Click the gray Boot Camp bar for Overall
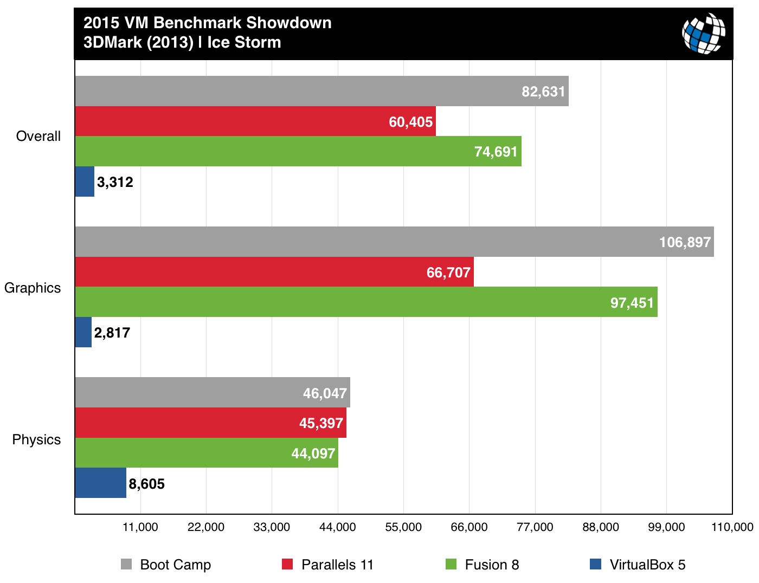tap(321, 91)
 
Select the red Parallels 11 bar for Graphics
tap(274, 272)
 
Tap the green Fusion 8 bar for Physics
tap(206, 453)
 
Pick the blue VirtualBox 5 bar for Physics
tap(100, 483)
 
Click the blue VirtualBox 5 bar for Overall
tap(85, 182)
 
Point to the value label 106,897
tap(685, 242)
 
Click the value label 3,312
tap(115, 182)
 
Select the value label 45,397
tap(321, 423)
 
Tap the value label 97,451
tap(632, 302)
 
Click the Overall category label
tap(38, 137)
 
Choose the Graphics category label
tap(33, 288)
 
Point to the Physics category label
tap(36, 439)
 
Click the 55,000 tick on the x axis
tap(403, 527)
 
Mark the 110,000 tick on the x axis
tap(732, 527)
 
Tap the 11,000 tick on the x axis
tap(140, 527)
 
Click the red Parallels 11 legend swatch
tap(287, 565)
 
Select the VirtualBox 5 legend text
tap(647, 565)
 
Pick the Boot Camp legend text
tap(175, 565)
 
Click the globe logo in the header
tap(704, 34)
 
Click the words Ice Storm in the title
tap(244, 42)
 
